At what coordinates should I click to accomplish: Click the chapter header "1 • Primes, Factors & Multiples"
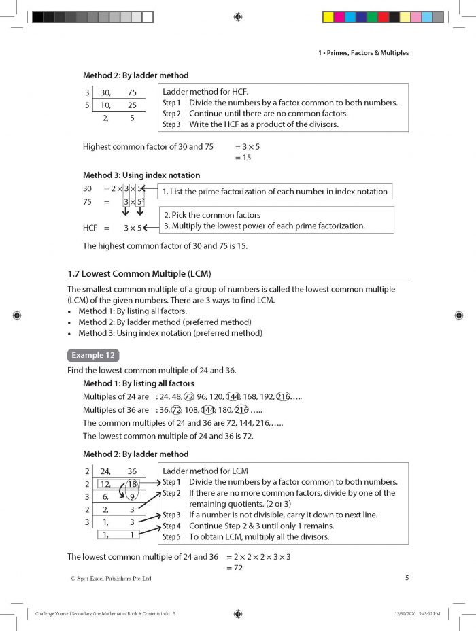363,53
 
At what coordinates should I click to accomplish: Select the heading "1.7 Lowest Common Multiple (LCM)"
139,273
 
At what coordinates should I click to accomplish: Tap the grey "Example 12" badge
93,355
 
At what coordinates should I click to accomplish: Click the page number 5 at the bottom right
406,578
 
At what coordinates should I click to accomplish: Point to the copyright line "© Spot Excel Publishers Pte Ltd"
110,579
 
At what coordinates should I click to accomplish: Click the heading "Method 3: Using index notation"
141,175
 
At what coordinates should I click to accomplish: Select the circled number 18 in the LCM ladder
132,484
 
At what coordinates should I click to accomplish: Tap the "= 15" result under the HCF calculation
243,158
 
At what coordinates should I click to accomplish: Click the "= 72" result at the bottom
235,568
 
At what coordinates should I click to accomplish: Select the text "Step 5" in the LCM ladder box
171,536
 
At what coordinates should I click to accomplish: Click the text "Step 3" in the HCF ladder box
171,124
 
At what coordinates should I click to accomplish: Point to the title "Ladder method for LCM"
205,471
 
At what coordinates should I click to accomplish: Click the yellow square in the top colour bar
327,16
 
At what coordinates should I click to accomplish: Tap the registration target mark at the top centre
237,16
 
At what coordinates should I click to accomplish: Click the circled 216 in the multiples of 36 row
241,410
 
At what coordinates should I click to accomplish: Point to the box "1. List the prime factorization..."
275,192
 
